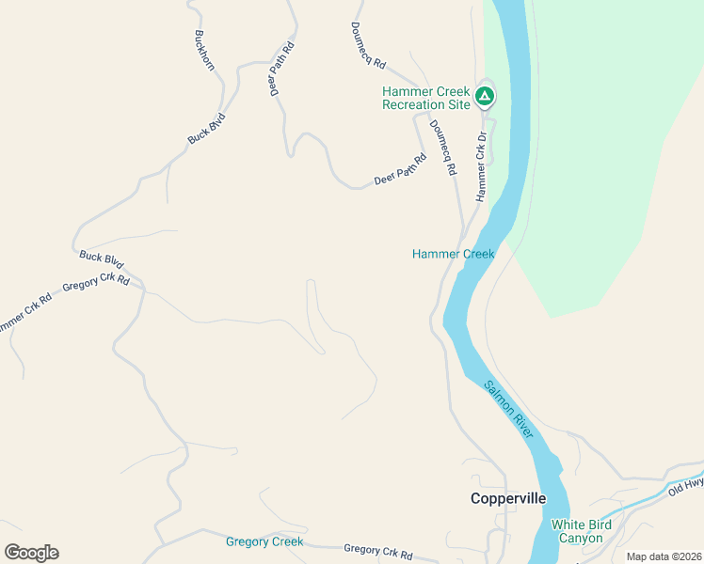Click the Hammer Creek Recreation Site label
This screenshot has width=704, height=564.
click(425, 98)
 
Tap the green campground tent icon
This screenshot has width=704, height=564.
click(484, 95)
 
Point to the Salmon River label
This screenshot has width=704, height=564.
click(509, 409)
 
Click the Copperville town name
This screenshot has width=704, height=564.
click(507, 499)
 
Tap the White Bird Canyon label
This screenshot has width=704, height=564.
click(581, 531)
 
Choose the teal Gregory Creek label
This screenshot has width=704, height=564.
click(264, 541)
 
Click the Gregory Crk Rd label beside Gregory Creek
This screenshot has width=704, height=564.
click(378, 552)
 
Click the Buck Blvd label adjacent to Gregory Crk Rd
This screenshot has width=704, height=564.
click(102, 259)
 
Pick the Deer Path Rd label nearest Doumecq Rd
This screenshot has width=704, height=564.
click(400, 168)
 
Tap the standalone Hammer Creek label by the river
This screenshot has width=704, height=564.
click(453, 254)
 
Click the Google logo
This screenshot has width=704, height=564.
click(31, 553)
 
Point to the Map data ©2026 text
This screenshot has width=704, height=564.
click(663, 556)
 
